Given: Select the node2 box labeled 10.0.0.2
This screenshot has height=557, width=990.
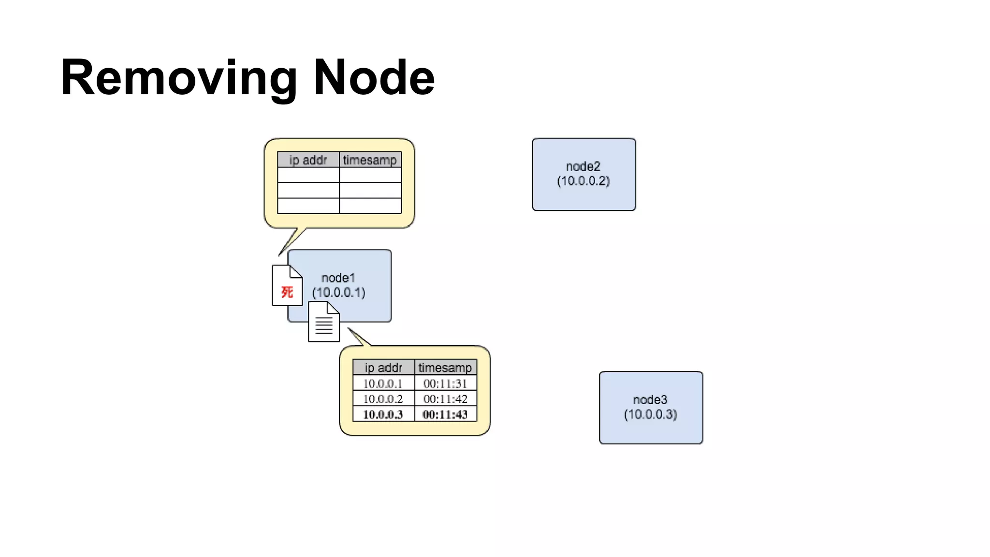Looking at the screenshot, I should pos(583,174).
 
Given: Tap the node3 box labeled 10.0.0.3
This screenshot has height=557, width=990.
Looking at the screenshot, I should pos(651,407).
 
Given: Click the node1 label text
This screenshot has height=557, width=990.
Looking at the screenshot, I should pos(338,278).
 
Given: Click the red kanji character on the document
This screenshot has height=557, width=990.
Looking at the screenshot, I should pos(287,292).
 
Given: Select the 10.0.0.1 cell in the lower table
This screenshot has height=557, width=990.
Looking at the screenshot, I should pos(383,383).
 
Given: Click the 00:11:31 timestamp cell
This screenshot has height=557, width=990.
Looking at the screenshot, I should pos(445,383).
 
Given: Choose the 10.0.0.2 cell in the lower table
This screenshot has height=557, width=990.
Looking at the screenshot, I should pos(383,399).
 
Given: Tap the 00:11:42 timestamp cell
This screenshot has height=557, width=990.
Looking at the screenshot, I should pos(445,399).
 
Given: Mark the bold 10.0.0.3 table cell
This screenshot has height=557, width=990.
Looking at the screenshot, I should pos(383,414).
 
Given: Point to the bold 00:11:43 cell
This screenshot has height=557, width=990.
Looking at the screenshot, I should pos(445,414).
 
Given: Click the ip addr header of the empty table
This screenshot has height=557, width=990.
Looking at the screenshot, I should pos(308,160).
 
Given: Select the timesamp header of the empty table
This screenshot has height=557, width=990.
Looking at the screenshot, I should pos(370,160).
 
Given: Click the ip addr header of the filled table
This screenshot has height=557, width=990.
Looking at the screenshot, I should pos(383,367).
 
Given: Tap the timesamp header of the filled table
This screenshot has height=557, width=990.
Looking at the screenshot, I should pos(445,367).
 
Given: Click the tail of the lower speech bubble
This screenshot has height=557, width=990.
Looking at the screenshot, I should pos(359,337).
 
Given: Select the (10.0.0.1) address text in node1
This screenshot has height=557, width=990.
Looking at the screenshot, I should pos(338,293).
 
